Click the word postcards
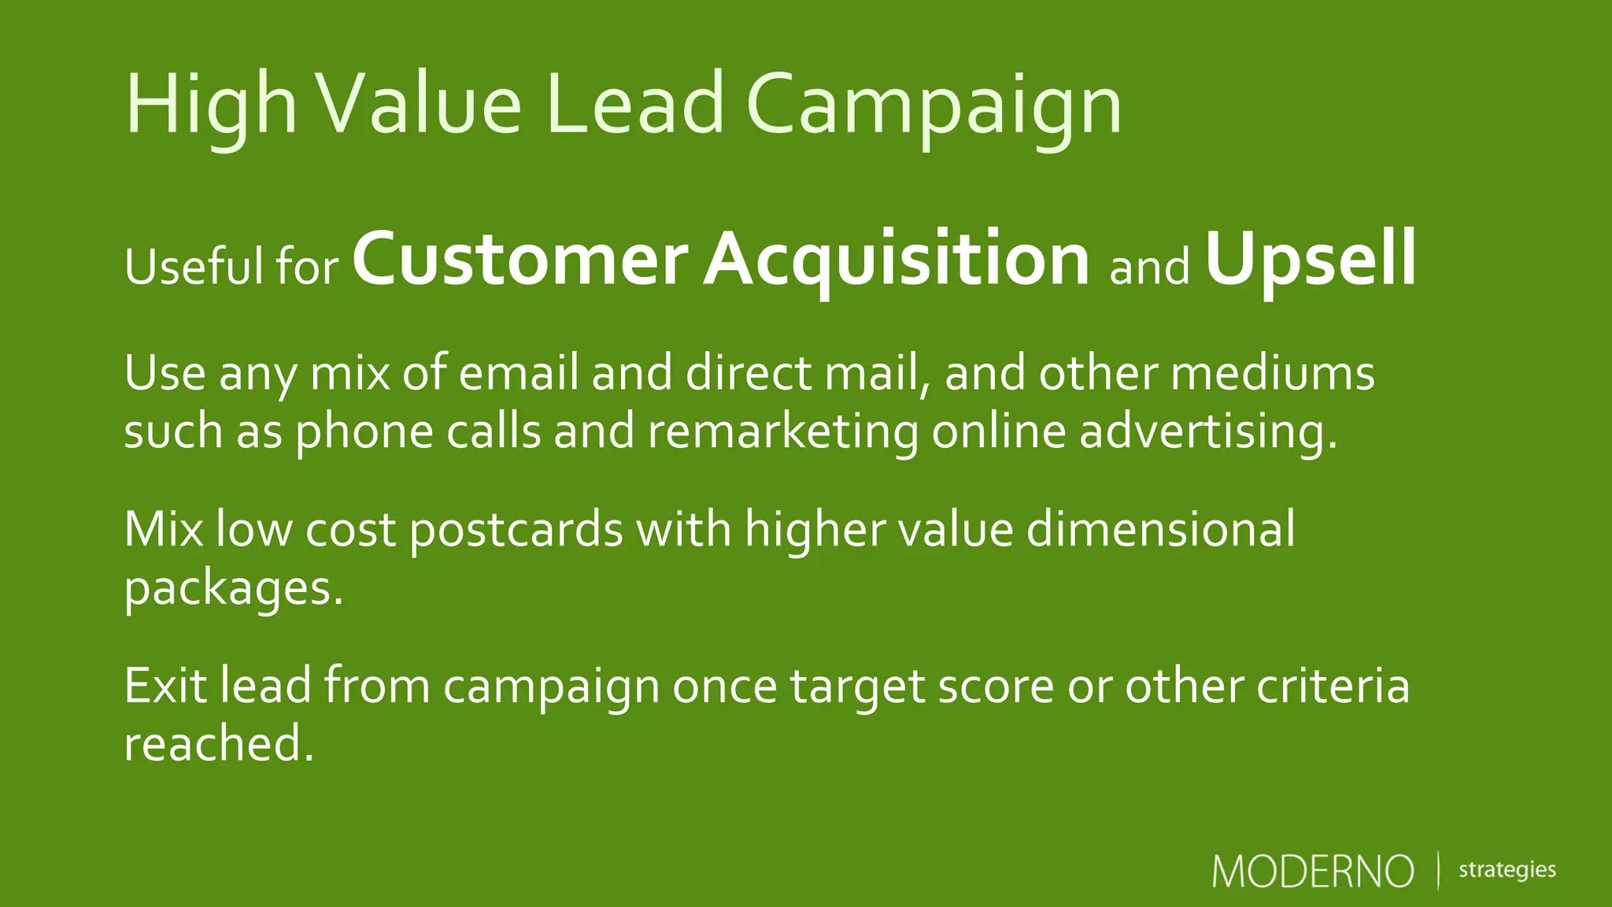(x=516, y=529)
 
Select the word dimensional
(x=1161, y=529)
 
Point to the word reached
(x=218, y=743)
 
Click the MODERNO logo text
(x=1313, y=872)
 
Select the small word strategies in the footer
(x=1507, y=870)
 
